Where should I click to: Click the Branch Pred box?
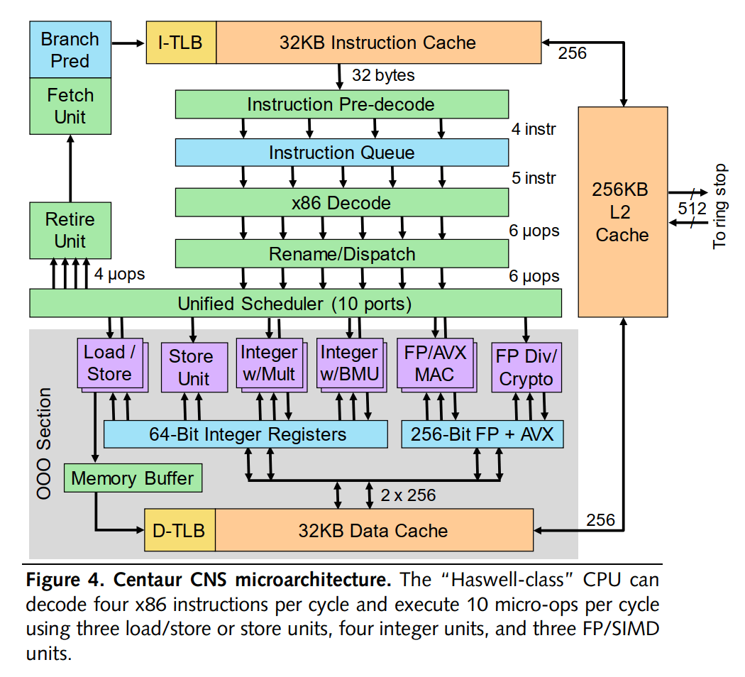70,50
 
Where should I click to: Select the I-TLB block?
180,43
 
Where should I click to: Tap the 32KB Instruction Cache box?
377,43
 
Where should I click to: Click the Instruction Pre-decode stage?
341,104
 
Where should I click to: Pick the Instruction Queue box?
341,153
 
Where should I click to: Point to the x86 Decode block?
341,203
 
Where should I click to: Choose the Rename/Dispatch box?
341,254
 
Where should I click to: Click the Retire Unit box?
70,230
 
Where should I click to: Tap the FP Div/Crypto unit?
526,368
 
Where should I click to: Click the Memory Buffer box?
133,478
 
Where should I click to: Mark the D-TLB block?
180,530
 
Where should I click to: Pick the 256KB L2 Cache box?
622,211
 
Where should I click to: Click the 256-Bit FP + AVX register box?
482,434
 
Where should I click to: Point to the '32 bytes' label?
383,75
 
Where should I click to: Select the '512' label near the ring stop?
692,209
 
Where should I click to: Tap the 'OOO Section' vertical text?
44,444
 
